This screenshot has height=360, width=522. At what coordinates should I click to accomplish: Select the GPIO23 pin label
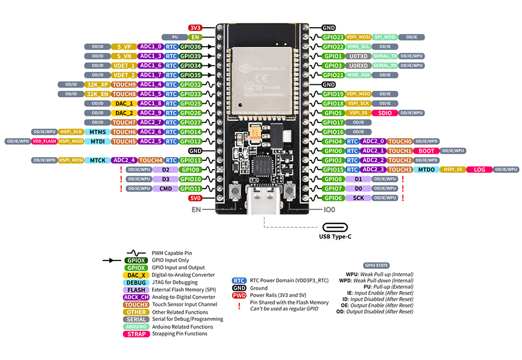[333, 37]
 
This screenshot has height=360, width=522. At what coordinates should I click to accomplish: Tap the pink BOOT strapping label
[426, 151]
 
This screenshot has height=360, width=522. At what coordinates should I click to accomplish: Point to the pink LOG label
[479, 170]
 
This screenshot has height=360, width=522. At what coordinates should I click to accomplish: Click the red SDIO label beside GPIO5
[384, 113]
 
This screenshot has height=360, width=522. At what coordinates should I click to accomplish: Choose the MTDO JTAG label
[426, 170]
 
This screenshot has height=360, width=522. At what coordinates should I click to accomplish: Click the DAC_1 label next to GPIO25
[124, 103]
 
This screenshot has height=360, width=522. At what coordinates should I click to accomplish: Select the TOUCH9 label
[124, 84]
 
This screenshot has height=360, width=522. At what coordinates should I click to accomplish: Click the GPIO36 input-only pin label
[190, 47]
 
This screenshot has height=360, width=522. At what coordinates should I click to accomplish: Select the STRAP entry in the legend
[136, 334]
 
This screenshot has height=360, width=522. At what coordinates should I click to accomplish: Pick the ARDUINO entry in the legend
[136, 326]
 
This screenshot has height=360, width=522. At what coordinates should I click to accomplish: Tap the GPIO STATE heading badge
[376, 265]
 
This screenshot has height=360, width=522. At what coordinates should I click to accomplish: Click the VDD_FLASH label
[44, 141]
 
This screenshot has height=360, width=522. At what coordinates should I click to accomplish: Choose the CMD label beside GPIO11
[166, 189]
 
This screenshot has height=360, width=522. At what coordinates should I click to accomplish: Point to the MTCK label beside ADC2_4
[98, 160]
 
